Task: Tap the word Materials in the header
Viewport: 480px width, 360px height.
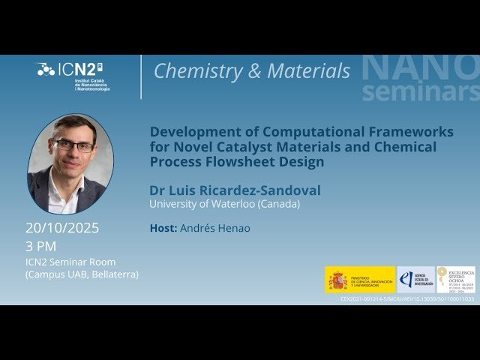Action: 307,71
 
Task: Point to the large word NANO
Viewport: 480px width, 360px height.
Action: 420,67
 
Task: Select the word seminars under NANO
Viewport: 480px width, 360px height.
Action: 420,91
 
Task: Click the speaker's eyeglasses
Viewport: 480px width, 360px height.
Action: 73,145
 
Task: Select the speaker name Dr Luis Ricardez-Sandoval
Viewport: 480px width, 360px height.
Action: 235,190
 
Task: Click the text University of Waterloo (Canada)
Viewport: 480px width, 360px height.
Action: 224,204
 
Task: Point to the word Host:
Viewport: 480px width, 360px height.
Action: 163,228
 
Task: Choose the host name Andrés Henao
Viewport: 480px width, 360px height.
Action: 215,228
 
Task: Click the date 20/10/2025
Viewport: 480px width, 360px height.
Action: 62,228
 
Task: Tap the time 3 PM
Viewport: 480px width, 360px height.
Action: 41,246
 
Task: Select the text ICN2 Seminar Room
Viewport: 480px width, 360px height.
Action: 71,262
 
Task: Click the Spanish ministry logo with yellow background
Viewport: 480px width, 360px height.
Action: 360,280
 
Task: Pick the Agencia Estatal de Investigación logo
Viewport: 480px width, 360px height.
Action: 415,280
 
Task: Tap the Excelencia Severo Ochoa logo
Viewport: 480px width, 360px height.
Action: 456,280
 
